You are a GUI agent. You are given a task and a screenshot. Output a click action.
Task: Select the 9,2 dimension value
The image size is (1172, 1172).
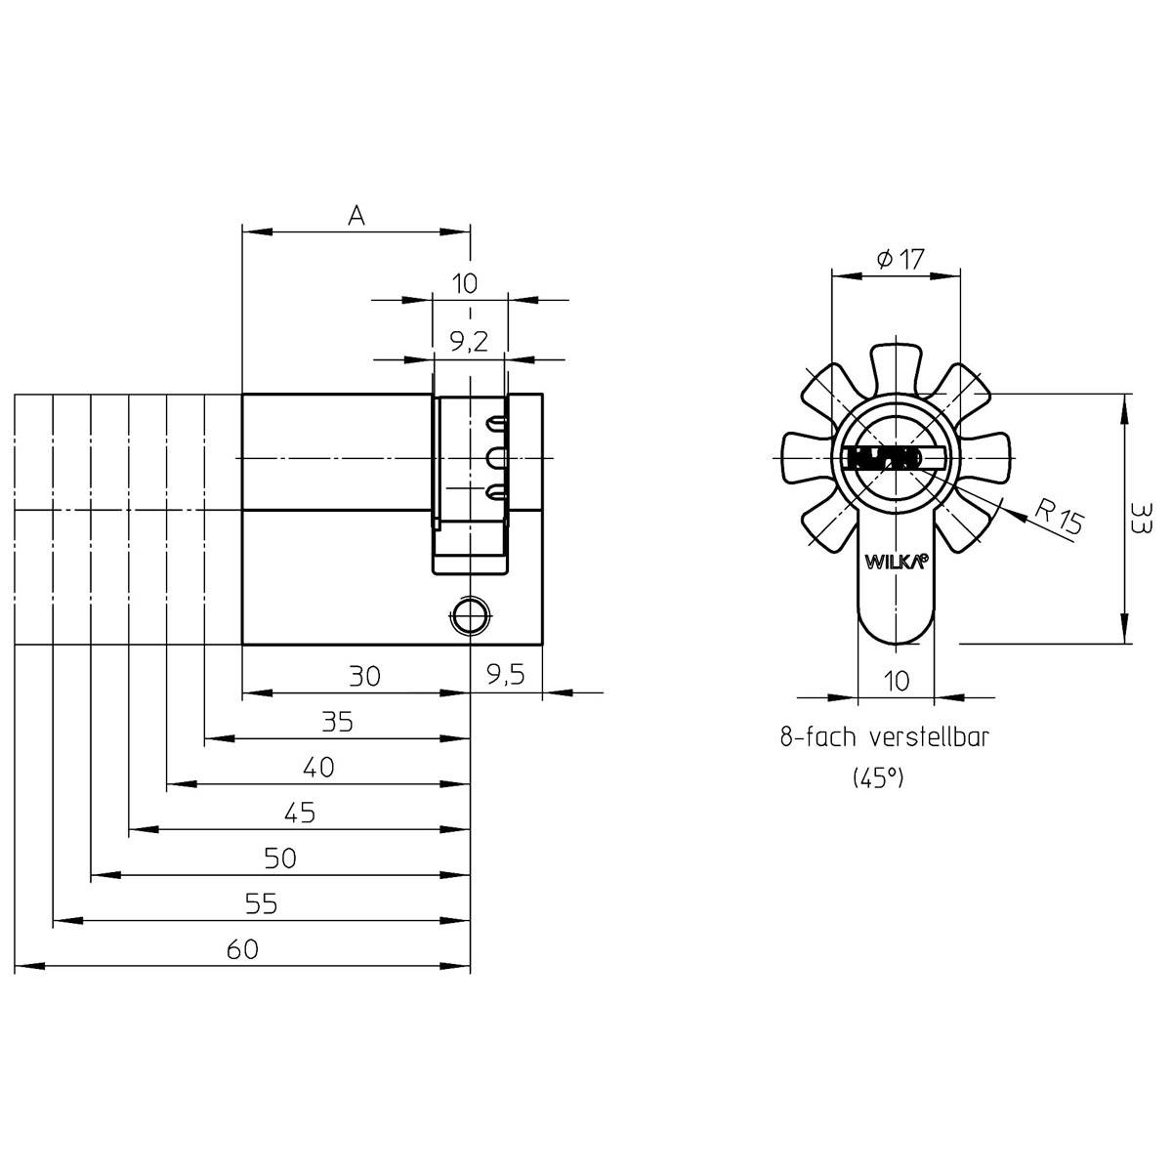tap(469, 342)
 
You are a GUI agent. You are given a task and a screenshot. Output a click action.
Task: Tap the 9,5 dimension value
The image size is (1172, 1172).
tap(505, 676)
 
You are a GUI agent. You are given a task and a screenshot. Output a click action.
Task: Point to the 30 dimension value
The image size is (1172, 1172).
tap(364, 676)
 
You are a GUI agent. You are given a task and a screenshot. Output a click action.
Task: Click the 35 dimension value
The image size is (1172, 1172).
tap(337, 723)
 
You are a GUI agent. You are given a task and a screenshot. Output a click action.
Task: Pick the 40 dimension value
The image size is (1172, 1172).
tap(318, 768)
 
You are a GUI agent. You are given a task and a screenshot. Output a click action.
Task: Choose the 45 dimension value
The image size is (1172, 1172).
tap(300, 814)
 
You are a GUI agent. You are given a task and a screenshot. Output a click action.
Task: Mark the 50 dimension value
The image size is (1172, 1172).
tap(280, 859)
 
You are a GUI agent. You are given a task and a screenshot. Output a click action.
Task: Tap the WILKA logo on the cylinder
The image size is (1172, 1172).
tap(895, 563)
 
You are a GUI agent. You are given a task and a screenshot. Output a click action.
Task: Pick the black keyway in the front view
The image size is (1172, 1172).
tap(883, 458)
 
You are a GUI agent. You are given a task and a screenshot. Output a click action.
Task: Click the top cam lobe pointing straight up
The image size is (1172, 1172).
tap(896, 366)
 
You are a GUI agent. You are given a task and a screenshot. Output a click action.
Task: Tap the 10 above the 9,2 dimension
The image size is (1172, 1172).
tap(466, 284)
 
